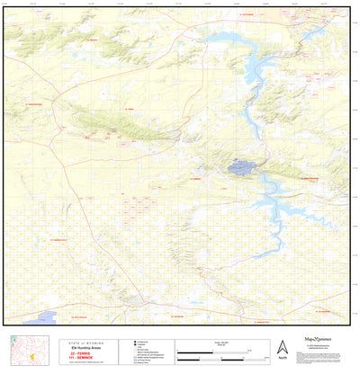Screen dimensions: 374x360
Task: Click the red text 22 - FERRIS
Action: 80,353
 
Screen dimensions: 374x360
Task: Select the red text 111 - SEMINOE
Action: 80,358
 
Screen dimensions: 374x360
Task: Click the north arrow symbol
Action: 282,347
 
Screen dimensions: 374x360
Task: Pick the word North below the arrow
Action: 282,358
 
